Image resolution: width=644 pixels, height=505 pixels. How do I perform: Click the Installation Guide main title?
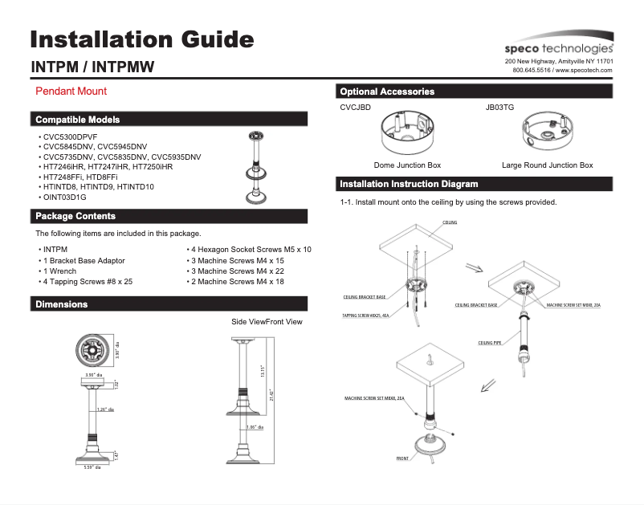tap(142, 39)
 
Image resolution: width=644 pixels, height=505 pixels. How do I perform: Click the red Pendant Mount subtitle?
tap(71, 92)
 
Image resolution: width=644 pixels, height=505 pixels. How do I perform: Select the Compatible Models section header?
tap(78, 120)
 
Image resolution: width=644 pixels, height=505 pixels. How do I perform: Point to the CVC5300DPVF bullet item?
tap(70, 137)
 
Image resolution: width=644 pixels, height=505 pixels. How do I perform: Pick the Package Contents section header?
tap(75, 216)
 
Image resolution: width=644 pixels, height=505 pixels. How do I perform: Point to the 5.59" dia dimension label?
tap(92, 466)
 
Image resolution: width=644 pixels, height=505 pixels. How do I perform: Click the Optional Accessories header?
tap(387, 92)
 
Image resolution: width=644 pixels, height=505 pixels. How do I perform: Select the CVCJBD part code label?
tap(355, 107)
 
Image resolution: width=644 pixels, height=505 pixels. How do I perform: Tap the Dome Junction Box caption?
tap(407, 165)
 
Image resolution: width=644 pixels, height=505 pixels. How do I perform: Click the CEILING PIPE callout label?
tap(490, 343)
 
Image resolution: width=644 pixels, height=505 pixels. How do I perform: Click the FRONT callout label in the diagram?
tap(401, 458)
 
